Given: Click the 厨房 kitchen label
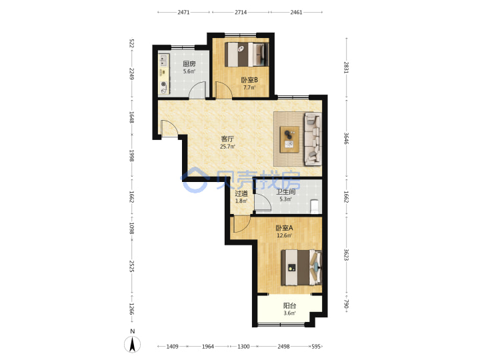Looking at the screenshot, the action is click(x=189, y=64).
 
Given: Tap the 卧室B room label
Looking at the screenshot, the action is click(x=249, y=80).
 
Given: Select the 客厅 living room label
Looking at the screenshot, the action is click(x=227, y=139).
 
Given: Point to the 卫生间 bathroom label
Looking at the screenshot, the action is click(x=285, y=191).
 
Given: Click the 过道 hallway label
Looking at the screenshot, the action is click(x=241, y=193).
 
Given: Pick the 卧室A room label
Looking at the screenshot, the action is click(x=285, y=228).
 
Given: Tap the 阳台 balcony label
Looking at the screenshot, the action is click(x=289, y=305).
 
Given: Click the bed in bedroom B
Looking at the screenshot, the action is click(x=247, y=55).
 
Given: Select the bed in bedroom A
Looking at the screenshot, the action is click(x=301, y=268).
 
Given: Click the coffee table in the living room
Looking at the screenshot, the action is click(x=289, y=139).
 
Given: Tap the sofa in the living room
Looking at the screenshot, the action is click(x=313, y=139).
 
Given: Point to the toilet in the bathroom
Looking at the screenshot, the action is click(x=315, y=206).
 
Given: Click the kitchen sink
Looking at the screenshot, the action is click(x=164, y=60).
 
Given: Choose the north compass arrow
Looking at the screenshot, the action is click(x=132, y=345).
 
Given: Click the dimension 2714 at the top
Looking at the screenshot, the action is click(x=241, y=12).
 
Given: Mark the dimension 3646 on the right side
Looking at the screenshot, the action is click(x=346, y=138).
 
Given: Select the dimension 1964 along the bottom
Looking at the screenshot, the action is click(x=208, y=347).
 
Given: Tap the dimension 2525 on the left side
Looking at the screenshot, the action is click(x=132, y=266).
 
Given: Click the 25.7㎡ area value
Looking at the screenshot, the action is click(x=227, y=147).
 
